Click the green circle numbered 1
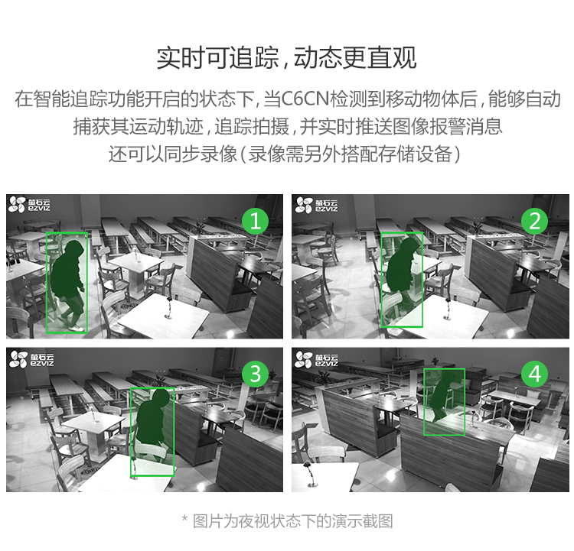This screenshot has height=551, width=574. (x=255, y=221)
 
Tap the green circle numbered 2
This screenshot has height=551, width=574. (x=534, y=221)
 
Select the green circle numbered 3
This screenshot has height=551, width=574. (x=255, y=374)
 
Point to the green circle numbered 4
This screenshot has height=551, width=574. (x=534, y=374)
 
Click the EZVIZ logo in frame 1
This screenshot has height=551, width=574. (x=29, y=205)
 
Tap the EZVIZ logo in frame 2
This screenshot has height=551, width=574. (x=316, y=205)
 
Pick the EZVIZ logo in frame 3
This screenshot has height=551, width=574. (x=31, y=359)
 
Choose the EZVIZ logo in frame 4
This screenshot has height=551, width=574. (x=316, y=359)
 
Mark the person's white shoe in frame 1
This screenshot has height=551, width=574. (x=77, y=329)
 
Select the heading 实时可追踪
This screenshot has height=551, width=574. (x=217, y=58)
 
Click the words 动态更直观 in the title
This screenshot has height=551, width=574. (x=355, y=58)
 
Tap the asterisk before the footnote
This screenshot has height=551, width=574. (x=185, y=519)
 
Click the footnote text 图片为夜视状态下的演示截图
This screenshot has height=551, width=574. (x=293, y=521)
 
